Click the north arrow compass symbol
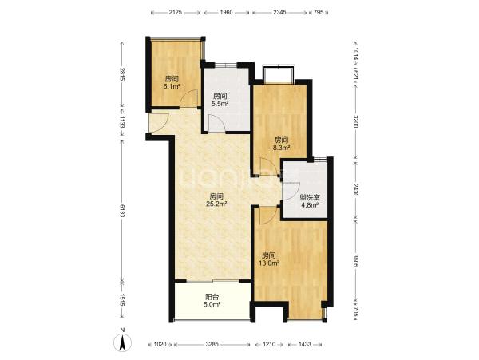tap(122, 342)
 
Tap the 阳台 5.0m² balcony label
tap(212, 300)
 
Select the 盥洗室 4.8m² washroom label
tap(310, 201)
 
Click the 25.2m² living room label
tap(217, 200)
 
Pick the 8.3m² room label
tap(281, 144)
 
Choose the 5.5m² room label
tap(220, 100)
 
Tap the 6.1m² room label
tap(172, 82)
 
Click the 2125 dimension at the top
tap(176, 13)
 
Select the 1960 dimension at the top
tap(227, 13)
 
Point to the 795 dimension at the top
tap(319, 13)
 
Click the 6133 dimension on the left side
tap(122, 211)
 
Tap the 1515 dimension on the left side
tap(122, 300)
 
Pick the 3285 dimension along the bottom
tap(212, 344)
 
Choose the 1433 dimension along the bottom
tap(305, 344)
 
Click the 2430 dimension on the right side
tap(355, 190)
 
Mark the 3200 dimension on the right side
tap(355, 121)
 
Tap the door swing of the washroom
tap(291, 191)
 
